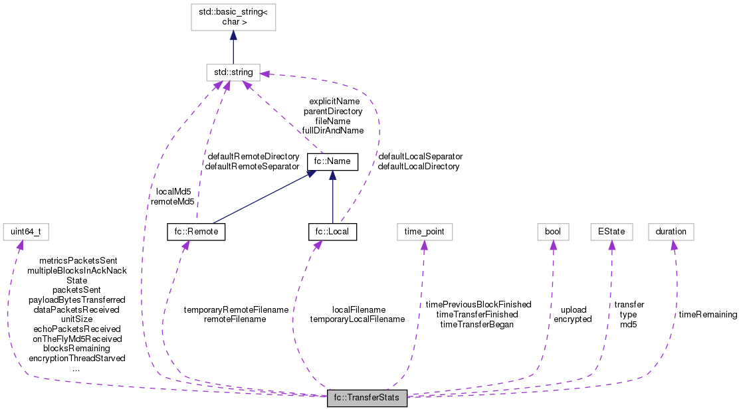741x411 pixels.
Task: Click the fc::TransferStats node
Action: [367, 398]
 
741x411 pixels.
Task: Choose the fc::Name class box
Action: [332, 161]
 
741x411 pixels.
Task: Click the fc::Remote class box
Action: [195, 232]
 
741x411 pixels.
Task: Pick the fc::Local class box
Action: [332, 232]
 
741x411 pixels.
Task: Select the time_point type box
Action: [425, 232]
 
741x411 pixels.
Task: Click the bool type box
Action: [553, 232]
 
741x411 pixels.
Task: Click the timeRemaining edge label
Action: [707, 315]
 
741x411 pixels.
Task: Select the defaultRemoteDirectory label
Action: [252, 156]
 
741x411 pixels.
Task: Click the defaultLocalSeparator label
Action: [420, 156]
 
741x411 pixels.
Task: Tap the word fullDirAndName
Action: [333, 130]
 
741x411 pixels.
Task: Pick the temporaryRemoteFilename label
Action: [236, 309]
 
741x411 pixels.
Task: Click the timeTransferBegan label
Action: [476, 324]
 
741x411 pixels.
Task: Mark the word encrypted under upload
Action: [573, 319]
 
